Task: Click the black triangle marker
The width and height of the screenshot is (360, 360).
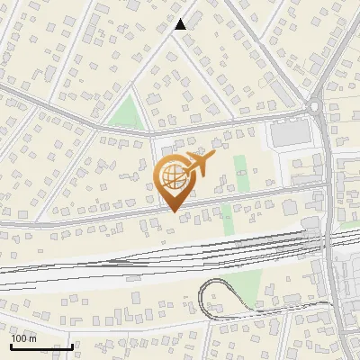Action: pos(181,24)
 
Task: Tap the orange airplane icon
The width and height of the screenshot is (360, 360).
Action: pos(197,164)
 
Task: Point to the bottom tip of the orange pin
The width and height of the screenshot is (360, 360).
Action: pos(173,211)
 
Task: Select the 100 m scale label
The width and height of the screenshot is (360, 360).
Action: pos(24,338)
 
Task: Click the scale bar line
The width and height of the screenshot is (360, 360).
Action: pos(41,346)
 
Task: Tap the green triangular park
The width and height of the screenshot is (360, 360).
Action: pos(127,112)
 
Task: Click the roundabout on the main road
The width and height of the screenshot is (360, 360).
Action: pos(315,106)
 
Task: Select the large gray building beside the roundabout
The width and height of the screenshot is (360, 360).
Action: pos(288,134)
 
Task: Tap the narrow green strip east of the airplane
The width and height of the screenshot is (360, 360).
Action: pos(240,171)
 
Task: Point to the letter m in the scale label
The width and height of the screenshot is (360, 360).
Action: pos(33,338)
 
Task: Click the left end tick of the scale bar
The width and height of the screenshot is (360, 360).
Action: pos(11,345)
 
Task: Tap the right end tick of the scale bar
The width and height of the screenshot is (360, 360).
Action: pos(72,345)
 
